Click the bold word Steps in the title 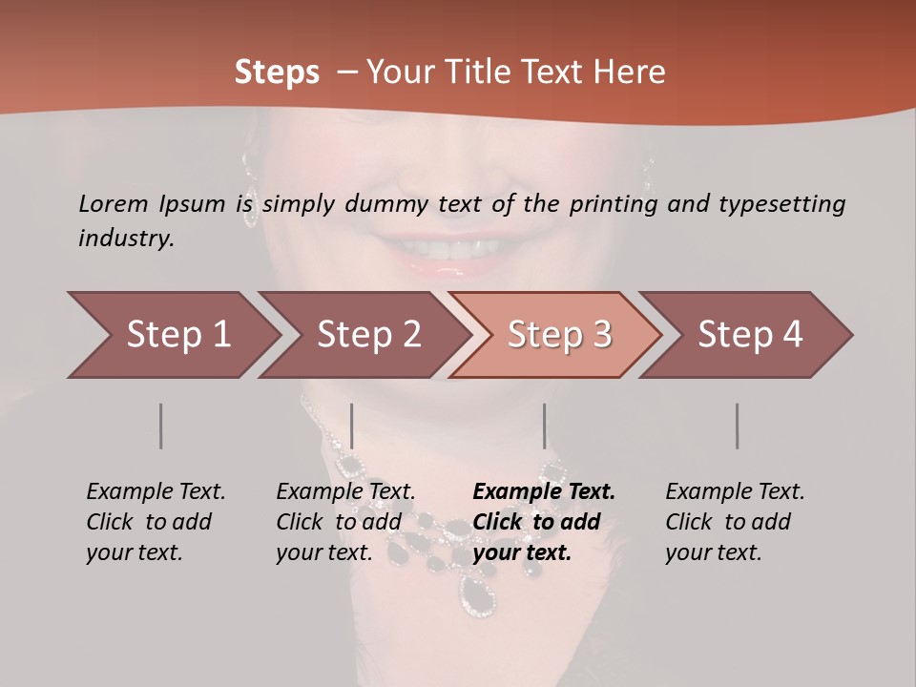click(277, 73)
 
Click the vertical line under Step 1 click(160, 426)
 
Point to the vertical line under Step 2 click(352, 426)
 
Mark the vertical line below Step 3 click(545, 426)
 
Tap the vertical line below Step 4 click(738, 426)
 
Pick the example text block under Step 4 click(735, 522)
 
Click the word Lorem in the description click(114, 203)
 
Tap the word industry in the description click(126, 239)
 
